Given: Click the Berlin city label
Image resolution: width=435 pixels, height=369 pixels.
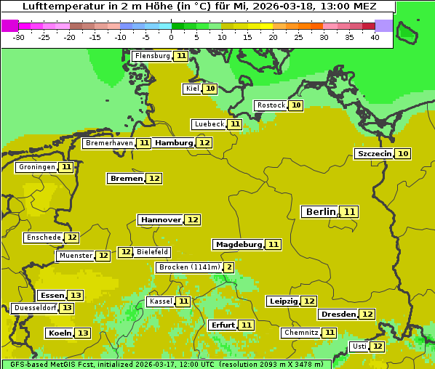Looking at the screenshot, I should click(x=320, y=212).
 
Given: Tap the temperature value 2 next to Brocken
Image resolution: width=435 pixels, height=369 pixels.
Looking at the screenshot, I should click(x=228, y=267).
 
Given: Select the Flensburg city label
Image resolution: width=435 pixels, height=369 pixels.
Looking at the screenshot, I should click(x=152, y=56).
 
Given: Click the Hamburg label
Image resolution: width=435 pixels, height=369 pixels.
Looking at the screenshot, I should click(x=174, y=143).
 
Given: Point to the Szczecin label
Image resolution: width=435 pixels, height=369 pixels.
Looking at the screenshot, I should click(x=374, y=154).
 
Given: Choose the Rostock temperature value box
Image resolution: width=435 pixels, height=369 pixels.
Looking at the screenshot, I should click(x=295, y=105).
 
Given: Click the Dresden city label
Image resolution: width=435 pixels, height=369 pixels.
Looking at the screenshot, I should click(x=338, y=315).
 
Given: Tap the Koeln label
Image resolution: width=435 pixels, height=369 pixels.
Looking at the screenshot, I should click(x=60, y=333).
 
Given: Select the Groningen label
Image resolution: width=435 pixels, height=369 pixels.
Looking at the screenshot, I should click(x=36, y=167).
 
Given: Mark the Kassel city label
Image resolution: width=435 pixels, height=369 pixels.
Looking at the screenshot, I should click(x=160, y=301).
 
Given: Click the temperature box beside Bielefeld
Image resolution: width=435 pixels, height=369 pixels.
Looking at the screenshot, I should click(x=126, y=252).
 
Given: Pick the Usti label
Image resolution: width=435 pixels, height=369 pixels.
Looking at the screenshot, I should click(x=359, y=346).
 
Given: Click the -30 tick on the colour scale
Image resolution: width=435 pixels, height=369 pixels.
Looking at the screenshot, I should click(x=19, y=37).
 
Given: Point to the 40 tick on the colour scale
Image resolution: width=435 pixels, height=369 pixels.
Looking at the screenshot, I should click(x=375, y=37).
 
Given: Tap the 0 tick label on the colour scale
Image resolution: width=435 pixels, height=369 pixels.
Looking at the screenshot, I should click(x=171, y=37).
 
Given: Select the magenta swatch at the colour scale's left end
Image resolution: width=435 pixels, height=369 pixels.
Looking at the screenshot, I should click(x=10, y=25).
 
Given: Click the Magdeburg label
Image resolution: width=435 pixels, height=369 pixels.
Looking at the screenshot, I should click(x=239, y=245).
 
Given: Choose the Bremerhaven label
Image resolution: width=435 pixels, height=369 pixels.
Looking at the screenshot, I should click(x=109, y=143).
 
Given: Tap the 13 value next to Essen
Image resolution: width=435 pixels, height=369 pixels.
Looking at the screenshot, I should click(x=76, y=296).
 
